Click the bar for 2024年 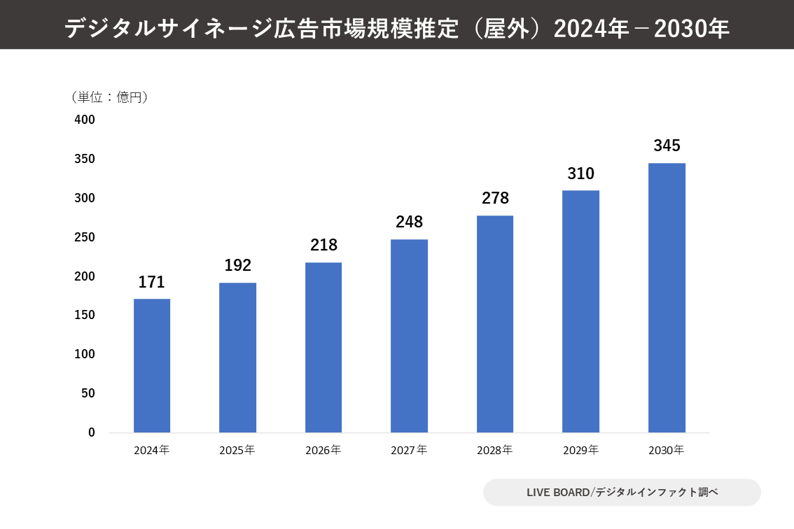point(152,365)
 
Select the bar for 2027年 point(409,336)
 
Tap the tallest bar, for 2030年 point(667,297)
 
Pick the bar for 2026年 point(323,347)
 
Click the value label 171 point(151,283)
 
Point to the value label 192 point(237,266)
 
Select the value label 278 point(495,199)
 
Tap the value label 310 point(580,174)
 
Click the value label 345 point(667,146)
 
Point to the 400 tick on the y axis point(85,120)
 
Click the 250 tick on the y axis point(85,237)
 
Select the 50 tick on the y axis point(88,393)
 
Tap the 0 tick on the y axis point(91,432)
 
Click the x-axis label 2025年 point(237,450)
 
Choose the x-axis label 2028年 point(495,450)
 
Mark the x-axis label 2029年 point(580,450)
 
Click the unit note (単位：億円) point(109,97)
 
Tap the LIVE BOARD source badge point(622,492)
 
